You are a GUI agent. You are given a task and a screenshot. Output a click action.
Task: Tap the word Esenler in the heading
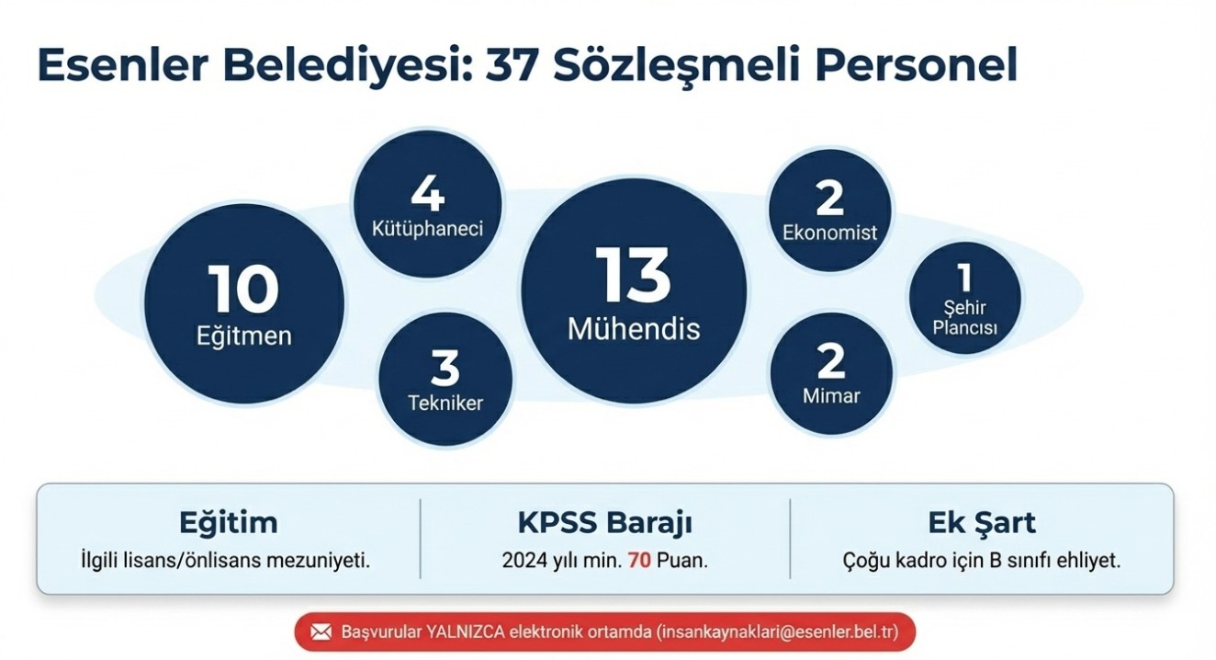coord(123,66)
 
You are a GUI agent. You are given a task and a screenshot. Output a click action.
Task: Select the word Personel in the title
coord(916,66)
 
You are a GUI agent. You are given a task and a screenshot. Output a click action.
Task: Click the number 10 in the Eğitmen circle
coord(243,289)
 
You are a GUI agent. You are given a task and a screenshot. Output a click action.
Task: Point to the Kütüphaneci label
coord(427,229)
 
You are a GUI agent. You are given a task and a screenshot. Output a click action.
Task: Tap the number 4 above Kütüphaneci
coord(428,194)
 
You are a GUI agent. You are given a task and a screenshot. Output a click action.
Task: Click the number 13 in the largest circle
coord(633,275)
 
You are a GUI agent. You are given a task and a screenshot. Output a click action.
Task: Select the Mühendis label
coord(634,329)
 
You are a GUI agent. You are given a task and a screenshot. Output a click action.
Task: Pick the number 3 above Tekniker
coord(445,368)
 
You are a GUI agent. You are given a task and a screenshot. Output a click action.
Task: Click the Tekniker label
coord(445,403)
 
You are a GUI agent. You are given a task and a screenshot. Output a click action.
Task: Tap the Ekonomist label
coord(829,233)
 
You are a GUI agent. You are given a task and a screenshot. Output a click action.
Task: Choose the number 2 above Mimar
coord(831,360)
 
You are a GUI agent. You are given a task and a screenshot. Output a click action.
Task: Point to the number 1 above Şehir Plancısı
coord(964,278)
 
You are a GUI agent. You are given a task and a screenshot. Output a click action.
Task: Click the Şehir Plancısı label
coord(964,318)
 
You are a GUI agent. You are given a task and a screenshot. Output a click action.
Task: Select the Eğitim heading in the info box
coord(229,522)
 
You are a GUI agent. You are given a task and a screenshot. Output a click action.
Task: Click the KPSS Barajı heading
coord(604,522)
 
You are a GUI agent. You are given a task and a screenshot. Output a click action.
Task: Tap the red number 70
coord(639,560)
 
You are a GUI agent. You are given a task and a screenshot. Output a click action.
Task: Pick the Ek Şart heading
coord(982,522)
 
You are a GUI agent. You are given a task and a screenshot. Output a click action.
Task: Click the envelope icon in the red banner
coord(321,632)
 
